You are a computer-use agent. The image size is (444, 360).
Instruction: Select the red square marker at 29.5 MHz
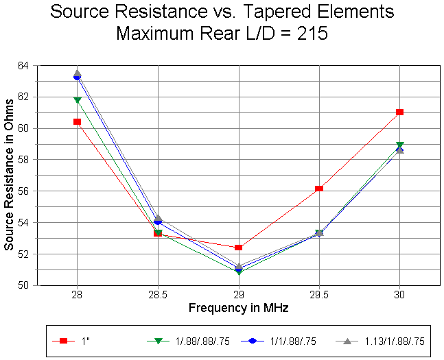point(319,189)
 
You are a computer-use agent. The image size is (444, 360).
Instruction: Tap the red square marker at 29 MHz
point(238,247)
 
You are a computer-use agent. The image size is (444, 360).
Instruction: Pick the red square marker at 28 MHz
point(78,121)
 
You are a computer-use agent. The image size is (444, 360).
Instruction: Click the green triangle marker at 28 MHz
point(78,100)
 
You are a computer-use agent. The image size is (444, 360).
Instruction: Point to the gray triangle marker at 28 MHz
point(78,72)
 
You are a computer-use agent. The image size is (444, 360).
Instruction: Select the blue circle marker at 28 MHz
point(78,77)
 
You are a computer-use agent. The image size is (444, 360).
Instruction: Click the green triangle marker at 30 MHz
point(399,145)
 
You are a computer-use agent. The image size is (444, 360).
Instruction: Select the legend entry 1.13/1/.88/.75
point(388,340)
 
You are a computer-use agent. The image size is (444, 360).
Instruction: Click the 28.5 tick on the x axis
point(158,293)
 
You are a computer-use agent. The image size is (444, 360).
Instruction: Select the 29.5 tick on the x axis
point(319,293)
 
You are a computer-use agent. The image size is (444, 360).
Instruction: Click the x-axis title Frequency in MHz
point(238,308)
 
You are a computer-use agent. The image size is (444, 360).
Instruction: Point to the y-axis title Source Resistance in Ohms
point(9,175)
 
